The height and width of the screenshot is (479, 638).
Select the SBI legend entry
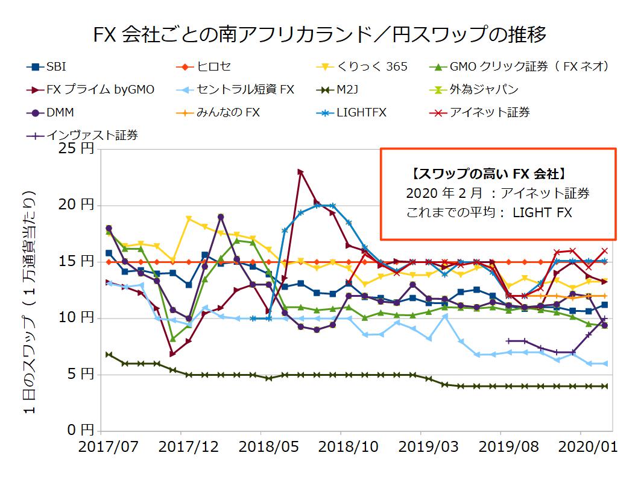(51, 66)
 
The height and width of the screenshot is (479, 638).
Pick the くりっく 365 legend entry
(362, 66)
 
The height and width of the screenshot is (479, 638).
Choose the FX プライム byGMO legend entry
(90, 89)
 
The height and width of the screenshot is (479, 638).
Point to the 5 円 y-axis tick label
(80, 375)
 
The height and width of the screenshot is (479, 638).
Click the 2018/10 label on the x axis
(341, 449)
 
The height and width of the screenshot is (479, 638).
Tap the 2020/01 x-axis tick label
(581, 449)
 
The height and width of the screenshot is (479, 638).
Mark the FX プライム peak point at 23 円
(300, 172)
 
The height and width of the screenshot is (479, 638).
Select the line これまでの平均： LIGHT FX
(489, 212)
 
